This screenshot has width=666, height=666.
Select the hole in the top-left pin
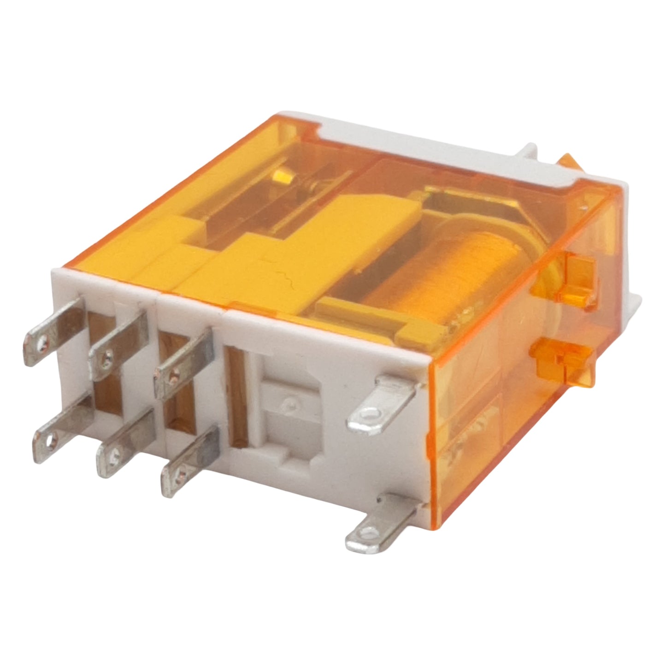(x=43, y=342)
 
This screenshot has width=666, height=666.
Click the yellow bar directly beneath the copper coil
(x=378, y=318)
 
